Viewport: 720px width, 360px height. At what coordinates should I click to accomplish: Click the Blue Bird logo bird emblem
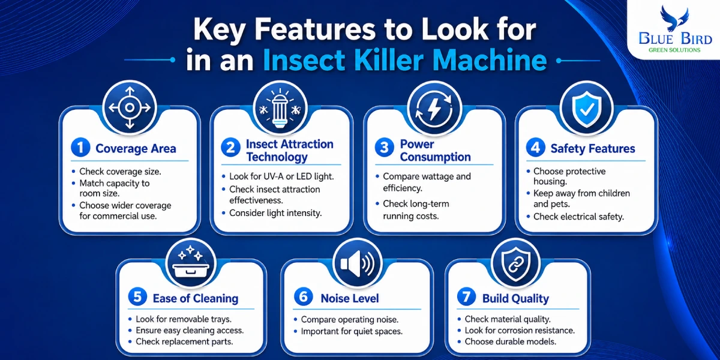674,19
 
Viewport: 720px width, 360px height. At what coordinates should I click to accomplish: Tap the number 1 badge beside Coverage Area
80,148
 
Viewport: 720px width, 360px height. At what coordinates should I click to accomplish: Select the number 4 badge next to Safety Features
535,148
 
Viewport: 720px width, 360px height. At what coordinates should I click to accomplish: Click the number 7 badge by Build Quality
466,296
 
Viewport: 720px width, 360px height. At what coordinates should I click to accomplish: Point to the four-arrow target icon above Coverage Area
130,107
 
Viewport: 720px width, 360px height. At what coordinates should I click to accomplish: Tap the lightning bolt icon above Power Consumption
434,109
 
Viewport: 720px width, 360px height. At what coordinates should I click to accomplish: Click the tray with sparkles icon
191,262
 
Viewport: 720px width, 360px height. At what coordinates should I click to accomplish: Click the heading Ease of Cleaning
196,299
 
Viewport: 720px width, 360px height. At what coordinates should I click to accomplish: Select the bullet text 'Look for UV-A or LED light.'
281,176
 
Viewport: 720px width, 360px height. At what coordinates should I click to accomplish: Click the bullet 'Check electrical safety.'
578,217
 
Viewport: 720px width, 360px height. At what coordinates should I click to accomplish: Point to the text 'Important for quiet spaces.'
352,331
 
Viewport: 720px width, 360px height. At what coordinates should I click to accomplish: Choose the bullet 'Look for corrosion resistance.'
520,331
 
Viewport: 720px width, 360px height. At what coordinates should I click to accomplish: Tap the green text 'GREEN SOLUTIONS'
674,50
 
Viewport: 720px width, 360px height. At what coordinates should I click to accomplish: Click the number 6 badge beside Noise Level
304,296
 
